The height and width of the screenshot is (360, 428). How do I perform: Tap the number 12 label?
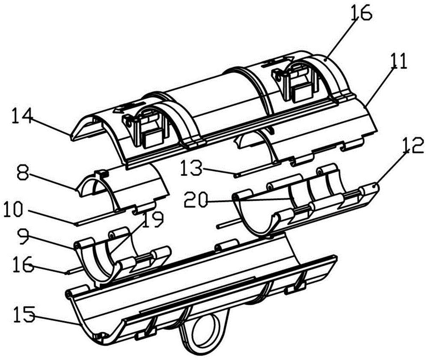point(413,148)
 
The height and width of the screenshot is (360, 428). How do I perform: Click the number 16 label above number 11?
point(361,13)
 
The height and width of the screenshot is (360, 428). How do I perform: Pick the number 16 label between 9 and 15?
point(23,264)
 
